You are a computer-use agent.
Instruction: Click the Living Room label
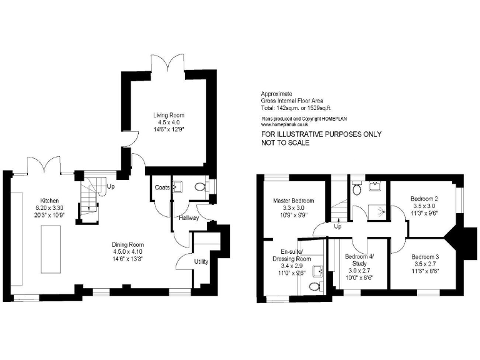pos(169,115)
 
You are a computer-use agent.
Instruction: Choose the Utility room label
pos(201,261)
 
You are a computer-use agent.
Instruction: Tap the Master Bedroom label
pos(294,201)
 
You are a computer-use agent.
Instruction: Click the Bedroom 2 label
pos(424,199)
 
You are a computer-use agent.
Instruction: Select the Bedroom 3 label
pos(424,257)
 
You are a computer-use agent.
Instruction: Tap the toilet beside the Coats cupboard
pos(200,186)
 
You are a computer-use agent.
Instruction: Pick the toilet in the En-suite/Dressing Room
pos(314,286)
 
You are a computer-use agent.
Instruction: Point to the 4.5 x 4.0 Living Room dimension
pos(169,122)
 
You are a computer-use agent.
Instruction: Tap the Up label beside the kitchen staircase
pos(111,186)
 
